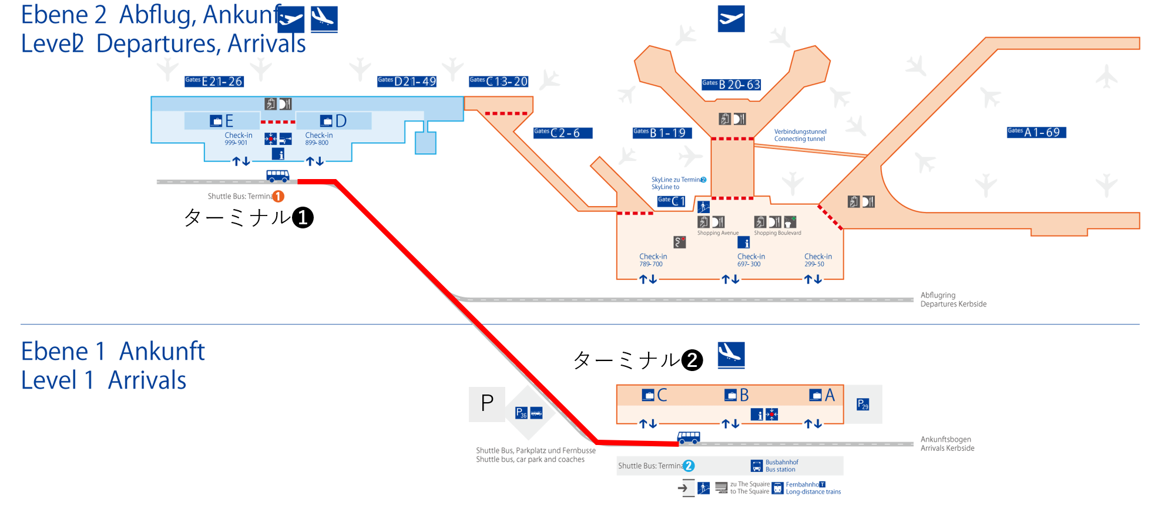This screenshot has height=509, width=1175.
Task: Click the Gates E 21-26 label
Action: (214, 82)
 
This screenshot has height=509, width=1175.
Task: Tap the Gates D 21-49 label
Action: (407, 82)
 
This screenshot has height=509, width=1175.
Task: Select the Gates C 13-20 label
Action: (499, 82)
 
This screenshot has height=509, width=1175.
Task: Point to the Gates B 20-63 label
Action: (731, 85)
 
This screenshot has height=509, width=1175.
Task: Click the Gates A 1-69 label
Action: (1036, 133)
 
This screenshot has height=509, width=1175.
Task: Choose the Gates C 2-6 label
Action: (562, 133)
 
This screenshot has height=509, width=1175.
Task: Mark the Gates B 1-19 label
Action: (662, 133)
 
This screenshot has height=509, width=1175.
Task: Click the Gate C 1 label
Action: (672, 201)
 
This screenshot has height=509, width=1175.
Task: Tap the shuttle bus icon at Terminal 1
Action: (278, 176)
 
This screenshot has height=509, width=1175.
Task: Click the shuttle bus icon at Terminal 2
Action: (689, 437)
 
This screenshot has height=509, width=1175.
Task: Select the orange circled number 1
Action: (278, 196)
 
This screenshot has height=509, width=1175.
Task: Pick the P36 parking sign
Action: (521, 413)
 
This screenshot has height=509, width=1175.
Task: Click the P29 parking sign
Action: (862, 404)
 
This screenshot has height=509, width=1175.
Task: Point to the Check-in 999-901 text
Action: (239, 139)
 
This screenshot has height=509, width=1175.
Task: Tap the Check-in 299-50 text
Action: (818, 260)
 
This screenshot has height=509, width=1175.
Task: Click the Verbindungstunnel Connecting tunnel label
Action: (800, 136)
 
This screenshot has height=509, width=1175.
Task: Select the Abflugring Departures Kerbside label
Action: (953, 300)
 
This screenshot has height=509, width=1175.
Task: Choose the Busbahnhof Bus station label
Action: (781, 466)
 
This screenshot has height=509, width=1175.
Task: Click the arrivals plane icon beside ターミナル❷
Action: (731, 355)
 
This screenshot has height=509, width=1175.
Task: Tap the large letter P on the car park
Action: (487, 403)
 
